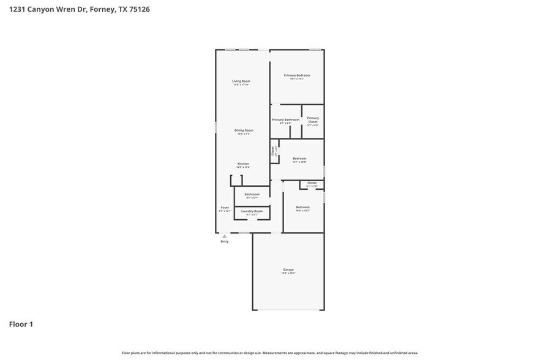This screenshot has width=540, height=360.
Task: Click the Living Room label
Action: (x=241, y=81)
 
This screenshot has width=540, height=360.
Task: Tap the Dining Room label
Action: (x=244, y=130)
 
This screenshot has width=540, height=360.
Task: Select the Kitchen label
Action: (x=243, y=163)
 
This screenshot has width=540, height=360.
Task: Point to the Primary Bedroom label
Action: (x=296, y=75)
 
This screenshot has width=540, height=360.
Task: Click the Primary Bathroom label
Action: (x=285, y=119)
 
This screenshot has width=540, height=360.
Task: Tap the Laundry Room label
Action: (x=252, y=211)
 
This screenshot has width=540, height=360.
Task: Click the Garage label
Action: (x=288, y=269)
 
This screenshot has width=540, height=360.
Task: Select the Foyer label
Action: (x=225, y=208)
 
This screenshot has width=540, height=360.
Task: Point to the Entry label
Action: (x=224, y=242)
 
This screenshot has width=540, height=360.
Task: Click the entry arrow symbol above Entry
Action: (x=224, y=236)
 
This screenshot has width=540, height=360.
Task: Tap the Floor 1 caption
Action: (x=21, y=324)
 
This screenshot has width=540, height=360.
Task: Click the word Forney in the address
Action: (x=103, y=9)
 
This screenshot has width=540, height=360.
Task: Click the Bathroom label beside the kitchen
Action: (x=252, y=194)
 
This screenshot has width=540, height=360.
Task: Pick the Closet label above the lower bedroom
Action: (x=312, y=182)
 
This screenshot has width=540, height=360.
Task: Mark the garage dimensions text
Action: (x=288, y=273)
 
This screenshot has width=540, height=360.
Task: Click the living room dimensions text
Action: (x=241, y=84)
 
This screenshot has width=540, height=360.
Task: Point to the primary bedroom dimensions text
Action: (x=296, y=79)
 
